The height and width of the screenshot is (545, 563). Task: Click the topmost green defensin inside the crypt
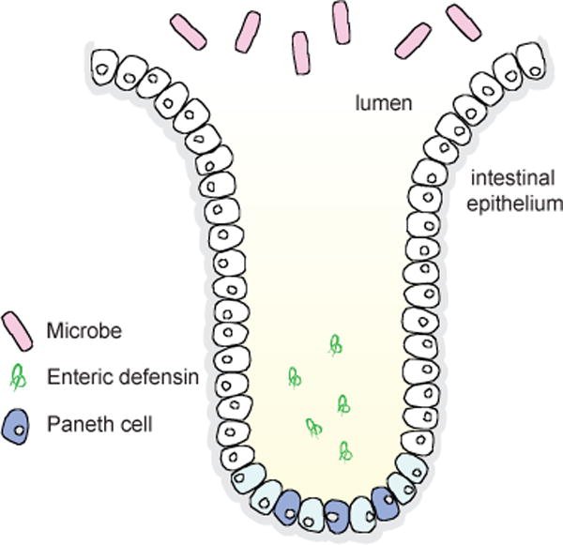(335, 346)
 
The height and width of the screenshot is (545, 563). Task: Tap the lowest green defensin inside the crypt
(345, 451)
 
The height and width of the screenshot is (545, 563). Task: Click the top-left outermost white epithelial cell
(105, 67)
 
